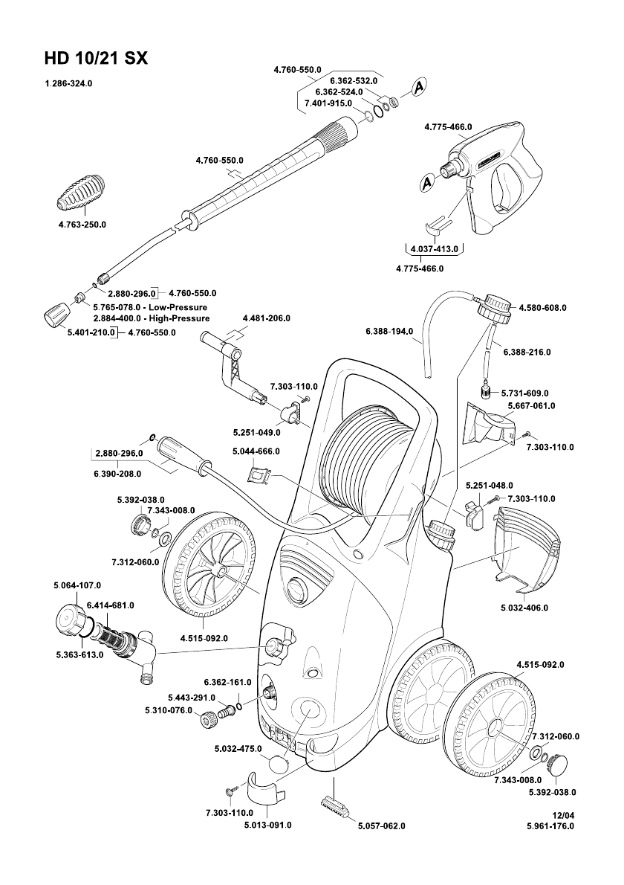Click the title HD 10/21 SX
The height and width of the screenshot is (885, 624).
[x=96, y=59]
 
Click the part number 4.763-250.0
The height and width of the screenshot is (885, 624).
[x=82, y=225]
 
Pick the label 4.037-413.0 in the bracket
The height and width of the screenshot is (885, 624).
[x=433, y=248]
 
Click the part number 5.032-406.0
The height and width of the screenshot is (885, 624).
[x=524, y=608]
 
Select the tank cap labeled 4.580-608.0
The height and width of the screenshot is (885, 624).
[x=495, y=308]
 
